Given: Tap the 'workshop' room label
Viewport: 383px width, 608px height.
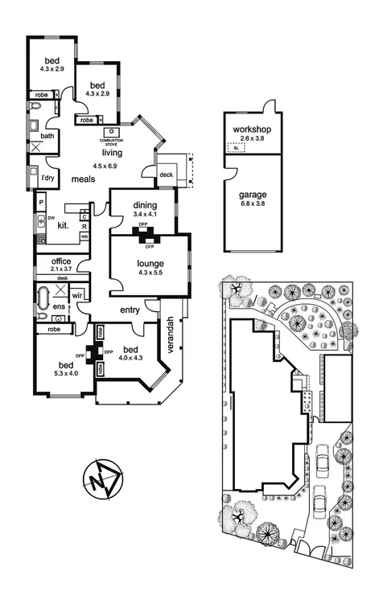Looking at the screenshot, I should pos(251,129).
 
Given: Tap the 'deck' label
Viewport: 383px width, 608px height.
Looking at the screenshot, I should pos(166,175).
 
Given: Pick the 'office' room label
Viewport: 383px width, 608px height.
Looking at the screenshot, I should pos(61,261).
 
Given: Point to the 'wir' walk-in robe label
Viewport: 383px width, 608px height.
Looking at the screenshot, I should pos(77,296).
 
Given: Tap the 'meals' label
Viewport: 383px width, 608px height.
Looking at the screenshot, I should pos(84,179).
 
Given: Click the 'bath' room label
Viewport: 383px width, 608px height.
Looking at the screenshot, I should pos(47,136).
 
